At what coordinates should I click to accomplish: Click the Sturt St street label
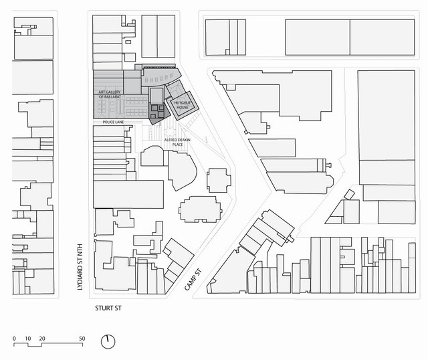(108, 308)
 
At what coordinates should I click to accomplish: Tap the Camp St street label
(193, 280)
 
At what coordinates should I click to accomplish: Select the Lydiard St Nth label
(80, 266)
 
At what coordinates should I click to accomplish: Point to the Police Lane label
(113, 122)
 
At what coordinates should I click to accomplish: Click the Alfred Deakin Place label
(177, 142)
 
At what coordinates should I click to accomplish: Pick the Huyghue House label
(183, 105)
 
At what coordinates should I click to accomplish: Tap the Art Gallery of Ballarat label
(110, 94)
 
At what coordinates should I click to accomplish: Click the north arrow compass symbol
(108, 341)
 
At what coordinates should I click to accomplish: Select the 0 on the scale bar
(14, 339)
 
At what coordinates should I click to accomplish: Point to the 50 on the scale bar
(82, 339)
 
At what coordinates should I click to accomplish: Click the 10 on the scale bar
(28, 339)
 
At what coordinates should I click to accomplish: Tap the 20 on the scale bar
(42, 339)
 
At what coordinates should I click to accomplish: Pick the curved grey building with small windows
(160, 77)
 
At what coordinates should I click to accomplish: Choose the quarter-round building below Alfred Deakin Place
(182, 171)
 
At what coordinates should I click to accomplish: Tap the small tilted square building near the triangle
(349, 195)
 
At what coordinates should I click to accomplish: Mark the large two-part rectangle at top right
(350, 37)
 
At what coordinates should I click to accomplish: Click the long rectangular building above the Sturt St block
(128, 194)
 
